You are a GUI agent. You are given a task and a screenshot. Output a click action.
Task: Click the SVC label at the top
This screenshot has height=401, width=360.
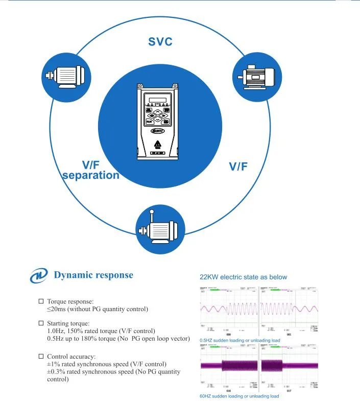click(x=160, y=42)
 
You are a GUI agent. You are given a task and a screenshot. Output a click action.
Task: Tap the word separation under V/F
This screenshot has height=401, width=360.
click(x=90, y=176)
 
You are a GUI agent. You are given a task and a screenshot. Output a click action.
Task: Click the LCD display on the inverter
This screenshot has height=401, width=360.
click(x=157, y=99)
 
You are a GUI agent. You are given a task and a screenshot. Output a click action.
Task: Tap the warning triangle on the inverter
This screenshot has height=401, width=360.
click(x=157, y=143)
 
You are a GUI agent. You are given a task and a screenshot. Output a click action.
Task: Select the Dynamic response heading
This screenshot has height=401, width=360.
click(x=93, y=275)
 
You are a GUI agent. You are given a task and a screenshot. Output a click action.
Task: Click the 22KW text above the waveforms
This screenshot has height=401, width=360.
click(x=209, y=277)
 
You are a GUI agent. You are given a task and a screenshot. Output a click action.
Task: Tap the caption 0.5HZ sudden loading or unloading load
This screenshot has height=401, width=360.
click(x=239, y=340)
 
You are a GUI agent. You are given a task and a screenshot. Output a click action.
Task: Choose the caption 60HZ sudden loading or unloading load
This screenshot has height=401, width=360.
click(x=239, y=396)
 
